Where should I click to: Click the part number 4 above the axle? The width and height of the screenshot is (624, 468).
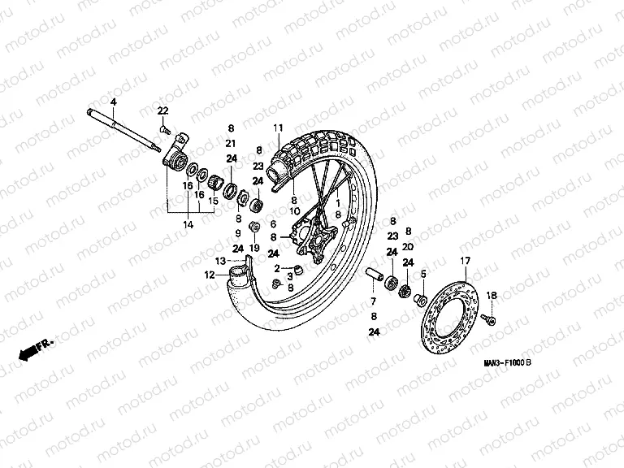(x=114, y=101)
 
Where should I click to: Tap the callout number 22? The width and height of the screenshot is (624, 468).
(x=162, y=110)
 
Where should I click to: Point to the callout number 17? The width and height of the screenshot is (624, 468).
(x=466, y=260)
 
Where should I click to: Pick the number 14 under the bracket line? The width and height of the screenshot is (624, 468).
(x=188, y=223)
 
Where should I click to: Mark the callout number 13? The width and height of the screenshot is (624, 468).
(x=219, y=260)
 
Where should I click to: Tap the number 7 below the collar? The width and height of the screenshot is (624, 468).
(x=374, y=302)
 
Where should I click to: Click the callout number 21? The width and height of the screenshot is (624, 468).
(x=231, y=143)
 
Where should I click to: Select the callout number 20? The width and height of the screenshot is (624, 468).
(x=409, y=246)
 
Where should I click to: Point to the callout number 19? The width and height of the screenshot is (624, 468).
(x=253, y=248)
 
